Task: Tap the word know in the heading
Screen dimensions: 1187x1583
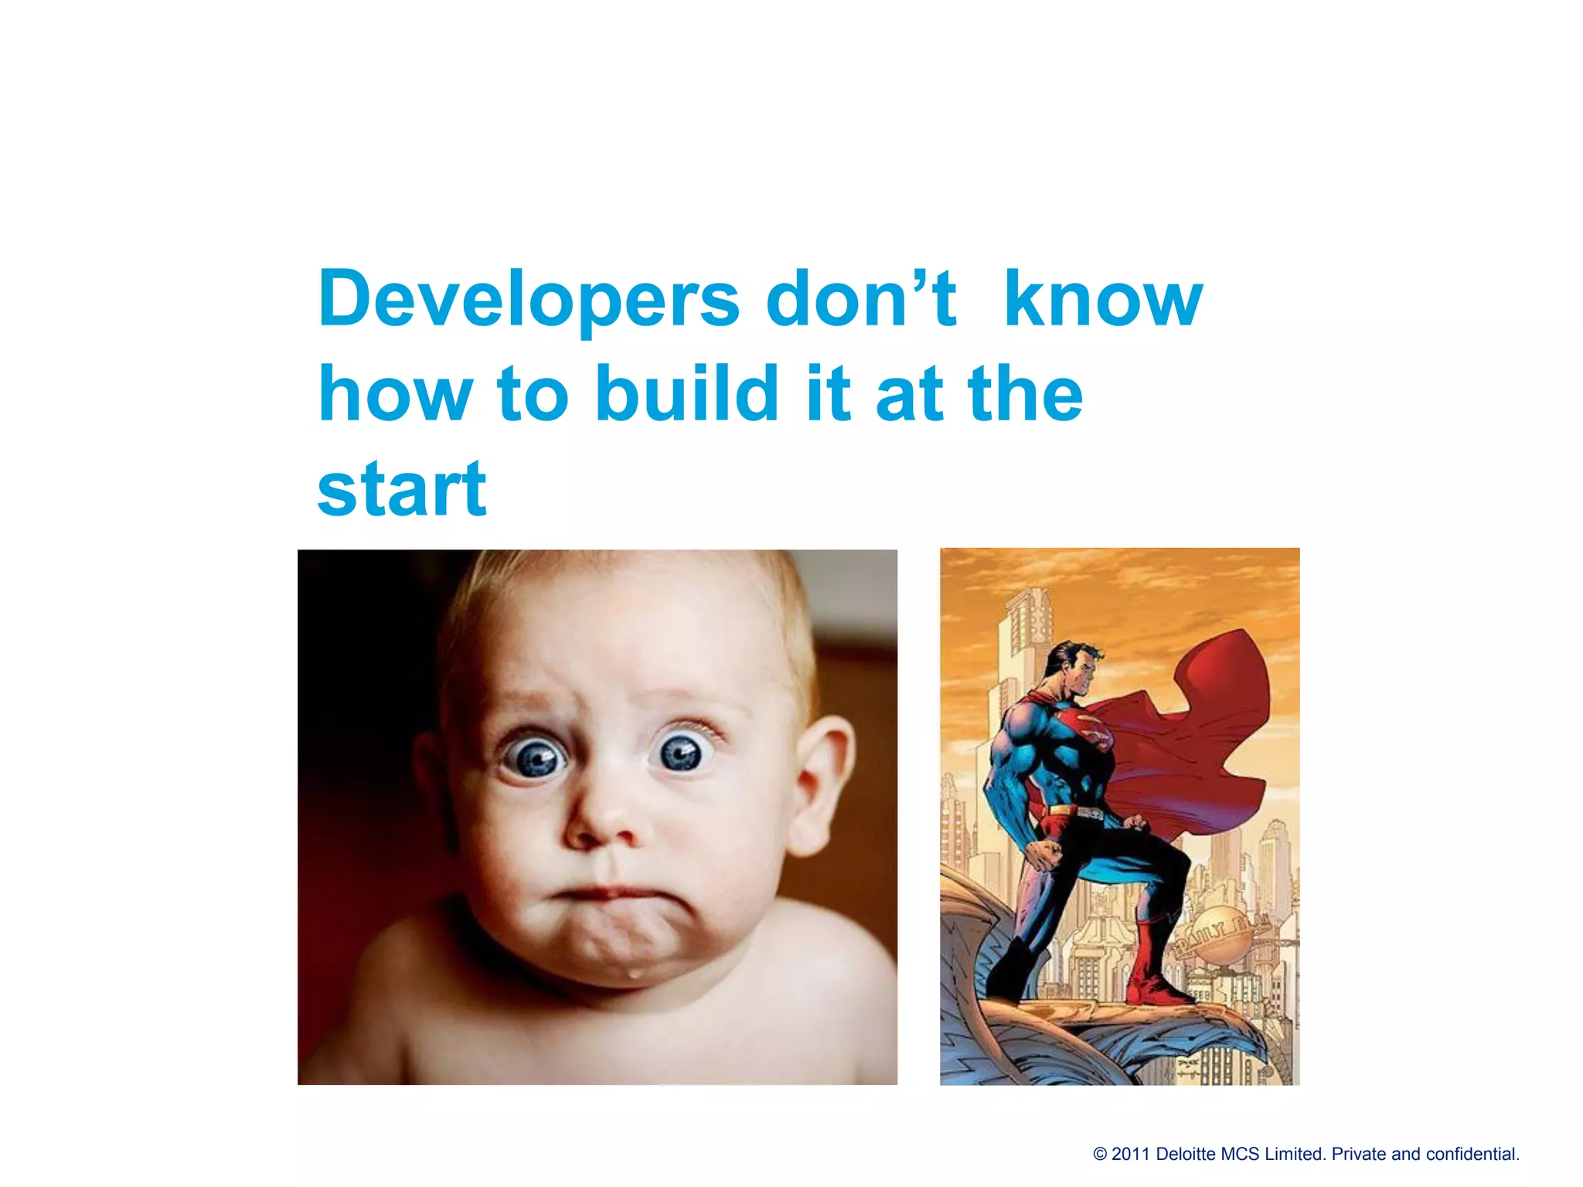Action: tap(1103, 300)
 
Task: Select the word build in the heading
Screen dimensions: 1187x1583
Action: tap(687, 394)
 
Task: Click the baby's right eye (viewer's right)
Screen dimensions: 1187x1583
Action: tap(682, 752)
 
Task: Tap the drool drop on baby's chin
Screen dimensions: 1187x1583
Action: tap(634, 973)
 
